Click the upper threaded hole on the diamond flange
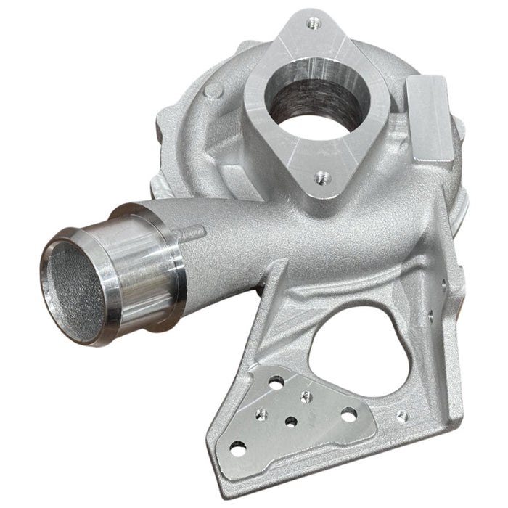[x=313, y=23]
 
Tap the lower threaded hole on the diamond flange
[x=319, y=176]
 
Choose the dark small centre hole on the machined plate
[x=291, y=422]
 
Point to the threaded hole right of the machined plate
[x=401, y=416]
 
